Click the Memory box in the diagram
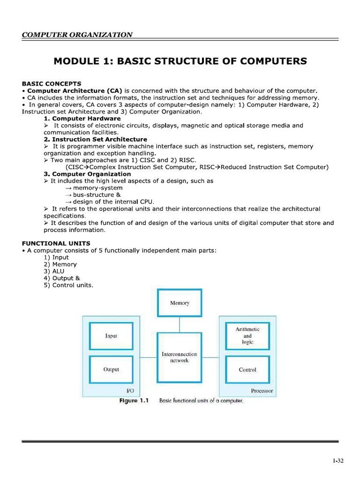[x=180, y=303]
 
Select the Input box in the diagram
[x=111, y=336]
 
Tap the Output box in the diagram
[x=111, y=369]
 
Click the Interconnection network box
[x=180, y=357]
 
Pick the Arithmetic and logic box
[x=247, y=336]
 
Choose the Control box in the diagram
[x=247, y=369]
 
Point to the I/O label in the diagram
[x=130, y=390]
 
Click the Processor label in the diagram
[x=262, y=390]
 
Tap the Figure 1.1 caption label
[x=134, y=401]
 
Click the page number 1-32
[x=338, y=461]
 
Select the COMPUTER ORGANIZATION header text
[x=77, y=35]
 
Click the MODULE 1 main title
[x=180, y=61]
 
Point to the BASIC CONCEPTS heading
[x=52, y=84]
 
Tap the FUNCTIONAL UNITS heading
[x=56, y=243]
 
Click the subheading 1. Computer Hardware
[x=82, y=119]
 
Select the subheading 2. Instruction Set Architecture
[x=95, y=139]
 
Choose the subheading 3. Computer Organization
[x=87, y=174]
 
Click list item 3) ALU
[x=54, y=271]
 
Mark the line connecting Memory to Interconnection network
[x=180, y=325]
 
